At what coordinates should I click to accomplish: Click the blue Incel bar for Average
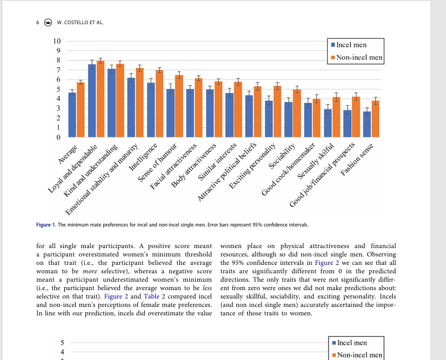[x=72, y=115]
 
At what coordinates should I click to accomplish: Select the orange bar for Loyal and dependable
[x=100, y=99]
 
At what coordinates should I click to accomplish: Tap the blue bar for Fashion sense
[x=367, y=125]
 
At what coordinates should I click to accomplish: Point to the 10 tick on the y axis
[x=57, y=42]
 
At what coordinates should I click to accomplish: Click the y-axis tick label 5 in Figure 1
[x=58, y=89]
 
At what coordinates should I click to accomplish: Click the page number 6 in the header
[x=38, y=22]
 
